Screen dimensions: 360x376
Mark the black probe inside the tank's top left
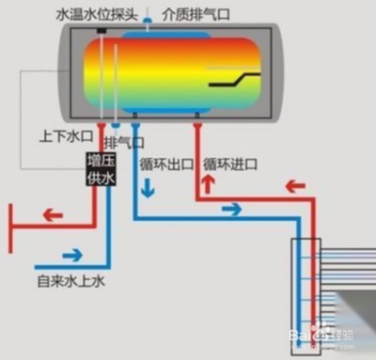(98, 38)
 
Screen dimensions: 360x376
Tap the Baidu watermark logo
(313, 331)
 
